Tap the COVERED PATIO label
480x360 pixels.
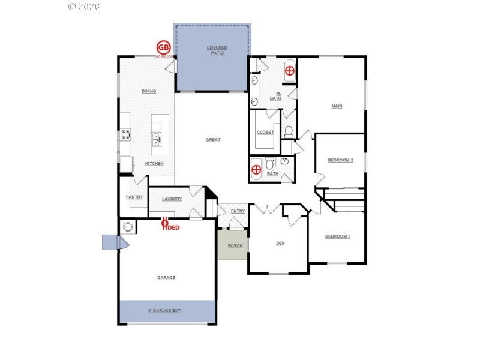(217, 50)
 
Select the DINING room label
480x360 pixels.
(149, 92)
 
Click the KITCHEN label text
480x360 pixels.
(154, 164)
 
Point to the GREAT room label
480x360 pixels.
(213, 140)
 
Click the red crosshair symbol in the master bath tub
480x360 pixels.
(289, 71)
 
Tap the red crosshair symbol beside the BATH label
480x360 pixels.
(256, 169)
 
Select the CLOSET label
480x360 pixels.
(265, 133)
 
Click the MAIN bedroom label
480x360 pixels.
(337, 107)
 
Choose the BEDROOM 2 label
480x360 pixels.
(340, 160)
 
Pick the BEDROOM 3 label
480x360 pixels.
(337, 236)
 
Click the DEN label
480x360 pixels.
(280, 243)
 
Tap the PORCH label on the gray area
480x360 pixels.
(235, 246)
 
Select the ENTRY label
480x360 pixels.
(238, 211)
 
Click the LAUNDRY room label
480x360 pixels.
(172, 199)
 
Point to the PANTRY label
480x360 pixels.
(134, 197)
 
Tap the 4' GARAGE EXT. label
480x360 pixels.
(164, 311)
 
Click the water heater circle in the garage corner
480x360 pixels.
(127, 227)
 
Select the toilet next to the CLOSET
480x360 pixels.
(289, 130)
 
